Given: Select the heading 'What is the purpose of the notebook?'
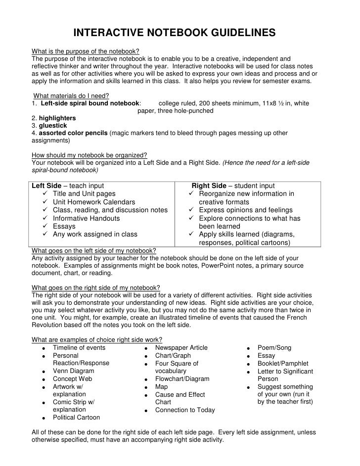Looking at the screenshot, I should coord(85,51).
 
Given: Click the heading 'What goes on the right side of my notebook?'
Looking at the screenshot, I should coord(95,288).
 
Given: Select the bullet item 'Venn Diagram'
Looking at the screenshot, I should coord(73,371).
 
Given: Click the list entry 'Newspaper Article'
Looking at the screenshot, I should coord(181,348).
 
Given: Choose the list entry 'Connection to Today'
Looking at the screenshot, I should coord(185,410).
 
